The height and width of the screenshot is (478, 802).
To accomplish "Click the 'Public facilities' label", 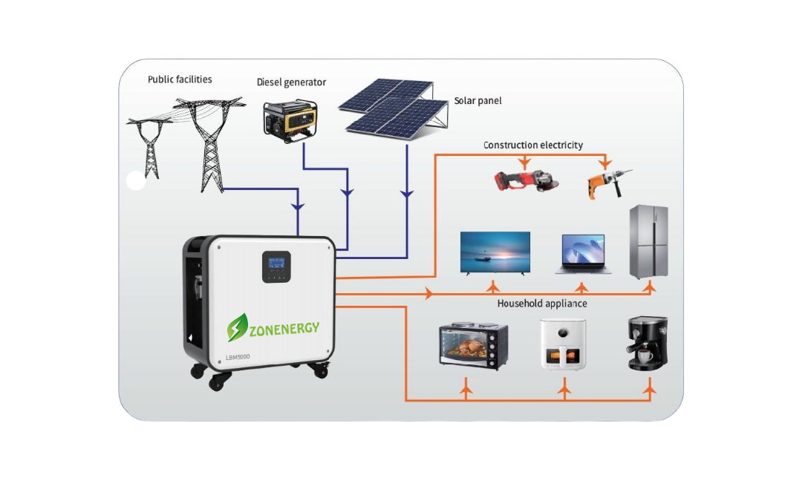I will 180,79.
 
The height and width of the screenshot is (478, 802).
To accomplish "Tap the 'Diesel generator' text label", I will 291,82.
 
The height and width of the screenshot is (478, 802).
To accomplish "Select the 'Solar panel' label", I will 477,100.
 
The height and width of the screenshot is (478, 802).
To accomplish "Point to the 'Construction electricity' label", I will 533,145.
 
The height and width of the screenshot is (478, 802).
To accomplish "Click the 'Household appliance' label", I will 542,304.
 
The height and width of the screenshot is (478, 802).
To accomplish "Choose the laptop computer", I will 583,255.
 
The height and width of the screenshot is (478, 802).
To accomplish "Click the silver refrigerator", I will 649,242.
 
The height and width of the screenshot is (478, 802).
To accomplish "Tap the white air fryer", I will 563,344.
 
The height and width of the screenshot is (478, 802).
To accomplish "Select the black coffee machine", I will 648,343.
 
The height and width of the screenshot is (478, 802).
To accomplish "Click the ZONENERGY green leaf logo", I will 238,327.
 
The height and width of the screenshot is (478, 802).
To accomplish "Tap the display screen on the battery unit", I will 277,263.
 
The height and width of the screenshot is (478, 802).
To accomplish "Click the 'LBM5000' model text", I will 238,358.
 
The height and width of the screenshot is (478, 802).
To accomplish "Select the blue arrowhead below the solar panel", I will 406,194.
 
